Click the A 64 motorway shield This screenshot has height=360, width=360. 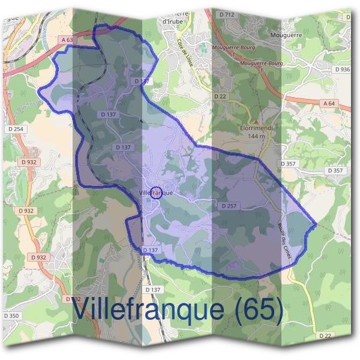[x=329, y=103]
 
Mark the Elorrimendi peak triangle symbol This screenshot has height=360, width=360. [x=256, y=121]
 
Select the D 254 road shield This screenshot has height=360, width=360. [x=16, y=129]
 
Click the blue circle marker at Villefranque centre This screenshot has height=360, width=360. [x=156, y=193]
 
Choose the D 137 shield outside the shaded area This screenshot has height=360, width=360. [x=153, y=290]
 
